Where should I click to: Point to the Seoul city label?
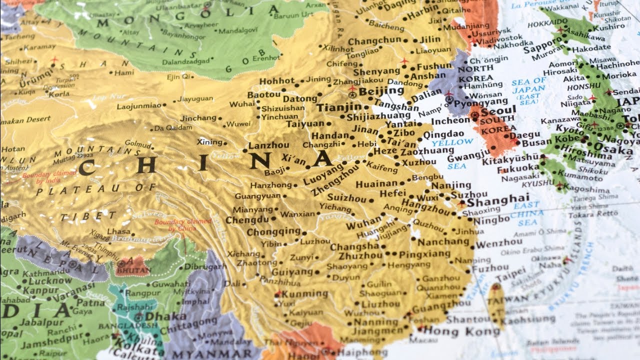point(498,110)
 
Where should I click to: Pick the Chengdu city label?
point(247,219)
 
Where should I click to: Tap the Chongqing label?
point(273,232)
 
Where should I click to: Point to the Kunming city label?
point(305,293)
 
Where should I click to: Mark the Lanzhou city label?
point(268,145)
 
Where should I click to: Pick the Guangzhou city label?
point(441,305)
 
